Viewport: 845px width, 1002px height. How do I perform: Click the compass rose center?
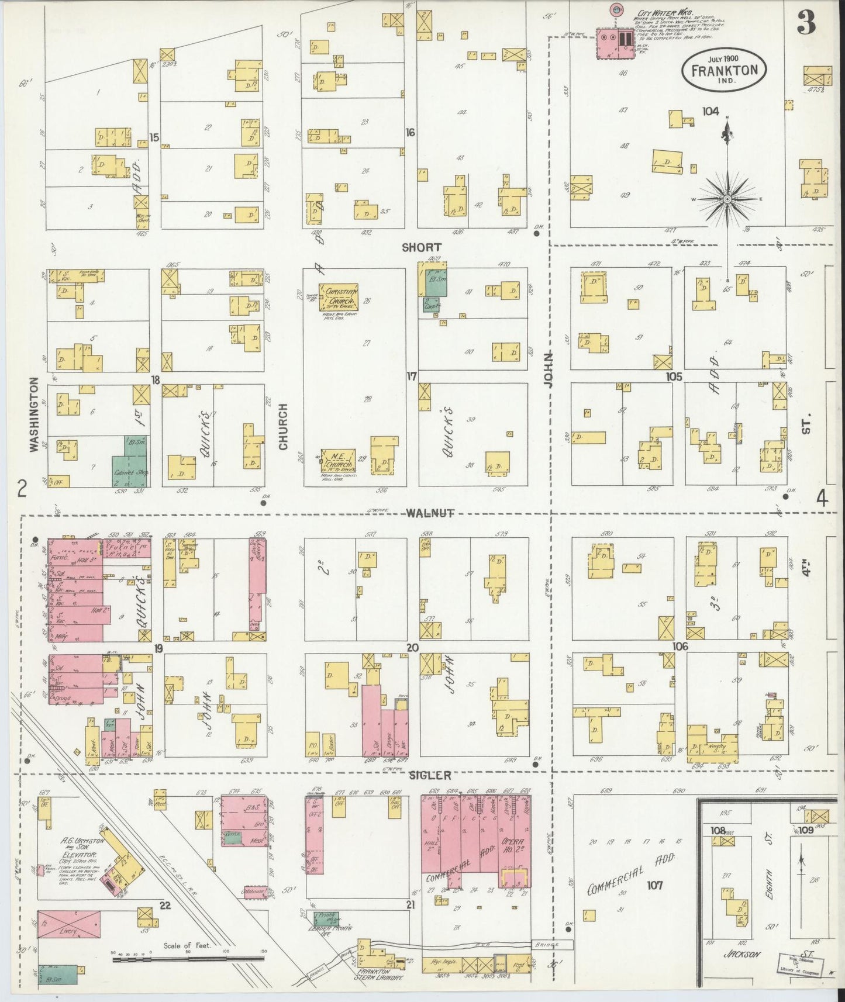click(x=727, y=199)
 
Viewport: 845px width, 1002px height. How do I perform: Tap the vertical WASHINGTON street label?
click(x=33, y=414)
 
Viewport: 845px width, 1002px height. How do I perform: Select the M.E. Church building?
click(x=338, y=459)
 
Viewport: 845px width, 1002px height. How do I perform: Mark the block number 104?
click(x=711, y=111)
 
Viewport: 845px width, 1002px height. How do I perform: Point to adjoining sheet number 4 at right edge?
click(x=822, y=499)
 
